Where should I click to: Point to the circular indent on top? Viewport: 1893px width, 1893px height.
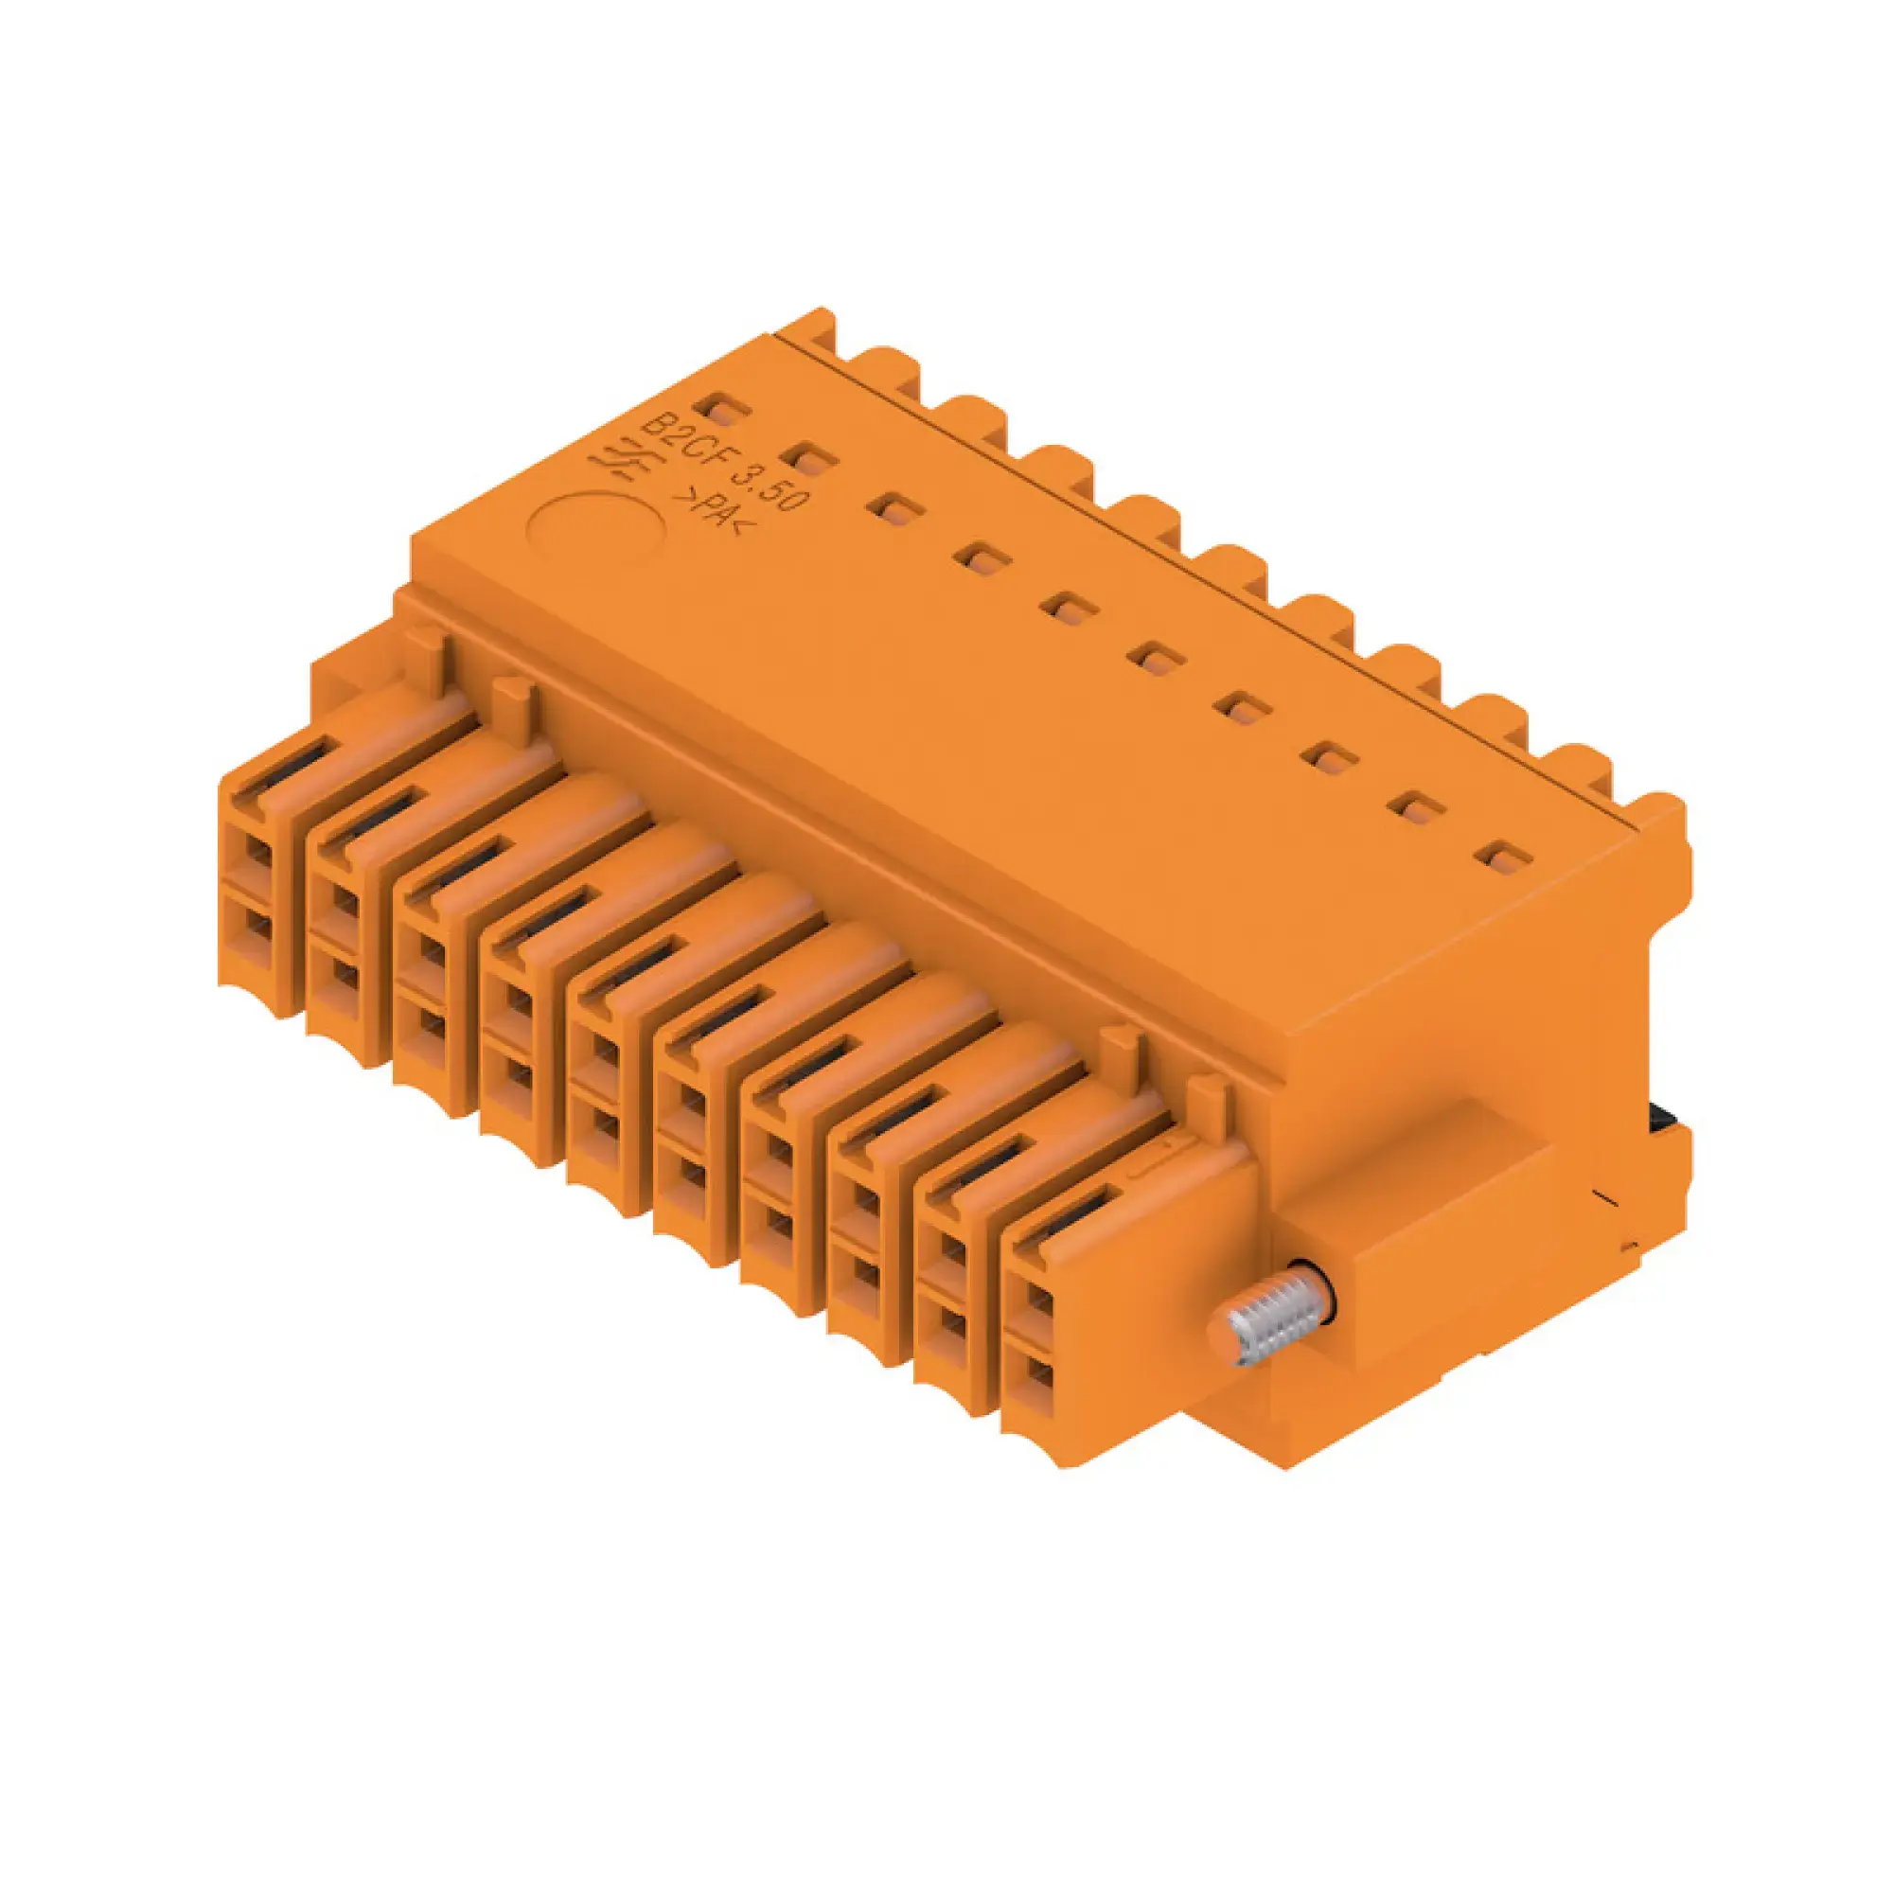pos(596,530)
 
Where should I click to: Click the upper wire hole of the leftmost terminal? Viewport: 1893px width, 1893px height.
pos(256,852)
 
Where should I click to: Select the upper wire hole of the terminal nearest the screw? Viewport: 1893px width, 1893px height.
pos(1039,1303)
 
